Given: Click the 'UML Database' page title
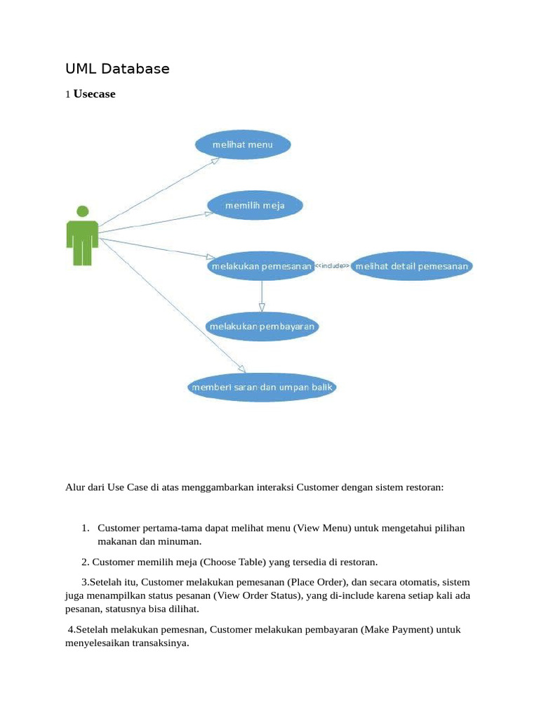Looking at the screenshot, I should [117, 69].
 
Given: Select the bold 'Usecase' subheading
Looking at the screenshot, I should [94, 93].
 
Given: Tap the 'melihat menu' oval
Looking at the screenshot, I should [242, 145].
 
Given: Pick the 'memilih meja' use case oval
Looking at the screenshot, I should [255, 206].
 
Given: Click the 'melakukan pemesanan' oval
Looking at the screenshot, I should [260, 267].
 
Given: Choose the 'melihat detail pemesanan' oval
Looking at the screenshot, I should [412, 267].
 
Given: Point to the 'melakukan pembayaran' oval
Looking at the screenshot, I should [262, 326].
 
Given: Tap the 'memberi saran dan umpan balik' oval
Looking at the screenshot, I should [263, 387].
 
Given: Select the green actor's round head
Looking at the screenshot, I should [83, 211].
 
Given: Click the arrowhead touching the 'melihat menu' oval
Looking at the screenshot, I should [215, 159].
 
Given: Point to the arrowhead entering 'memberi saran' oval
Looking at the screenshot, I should [242, 369].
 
